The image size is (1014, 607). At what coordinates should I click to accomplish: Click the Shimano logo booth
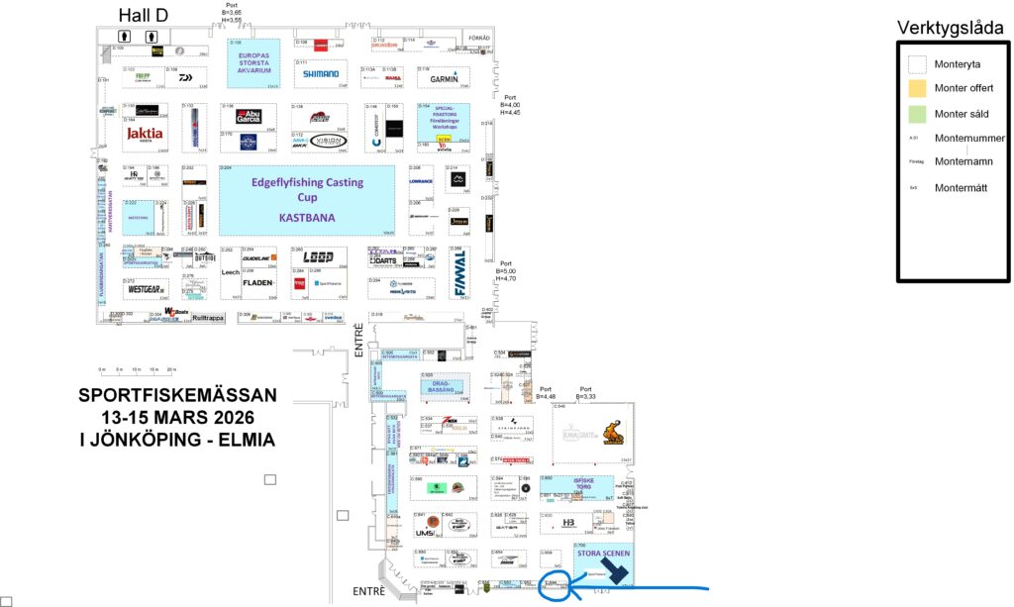320,73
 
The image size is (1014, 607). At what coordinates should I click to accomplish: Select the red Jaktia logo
144,133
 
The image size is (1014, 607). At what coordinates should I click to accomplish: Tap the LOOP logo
318,257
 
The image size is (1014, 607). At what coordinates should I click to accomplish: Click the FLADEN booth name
259,282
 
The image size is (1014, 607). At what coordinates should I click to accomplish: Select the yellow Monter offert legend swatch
917,88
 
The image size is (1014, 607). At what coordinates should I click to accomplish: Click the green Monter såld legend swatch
917,113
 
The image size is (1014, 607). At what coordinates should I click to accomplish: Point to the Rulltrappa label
209,318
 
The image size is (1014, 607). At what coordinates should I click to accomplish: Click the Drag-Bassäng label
442,385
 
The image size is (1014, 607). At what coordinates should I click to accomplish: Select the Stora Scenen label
603,553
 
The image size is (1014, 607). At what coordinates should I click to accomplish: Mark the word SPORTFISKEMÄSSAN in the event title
178,395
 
